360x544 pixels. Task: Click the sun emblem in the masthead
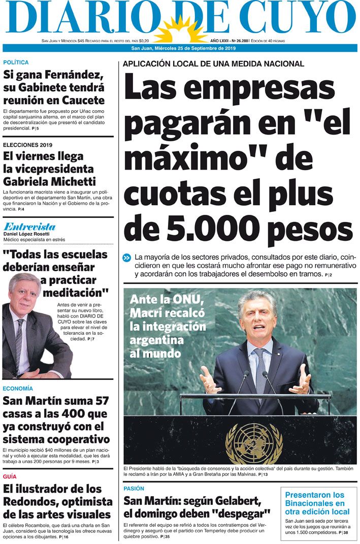click(179, 30)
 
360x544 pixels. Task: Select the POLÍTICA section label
click(16, 62)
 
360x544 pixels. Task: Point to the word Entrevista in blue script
click(29, 227)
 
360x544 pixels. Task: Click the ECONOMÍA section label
click(18, 389)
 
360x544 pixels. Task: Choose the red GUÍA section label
click(10, 476)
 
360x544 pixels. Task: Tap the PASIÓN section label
click(134, 488)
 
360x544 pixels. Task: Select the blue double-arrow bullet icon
click(127, 258)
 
